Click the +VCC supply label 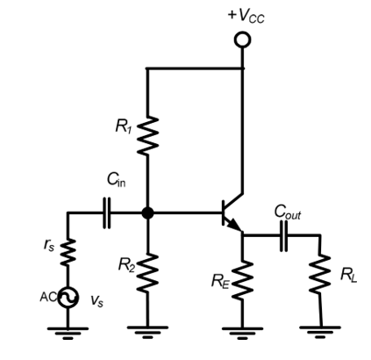click(246, 16)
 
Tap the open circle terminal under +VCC click(242, 40)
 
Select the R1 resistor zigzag click(148, 136)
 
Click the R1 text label click(124, 126)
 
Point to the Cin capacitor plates click(107, 212)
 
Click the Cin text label click(117, 179)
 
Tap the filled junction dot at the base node click(147, 212)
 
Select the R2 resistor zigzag click(148, 273)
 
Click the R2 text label click(126, 264)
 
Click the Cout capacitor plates click(283, 235)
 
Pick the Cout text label click(288, 212)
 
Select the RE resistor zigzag click(242, 280)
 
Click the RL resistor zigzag click(320, 274)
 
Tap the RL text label click(348, 275)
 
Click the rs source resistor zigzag click(68, 252)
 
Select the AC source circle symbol click(68, 298)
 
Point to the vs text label click(96, 300)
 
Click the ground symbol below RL click(320, 332)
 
